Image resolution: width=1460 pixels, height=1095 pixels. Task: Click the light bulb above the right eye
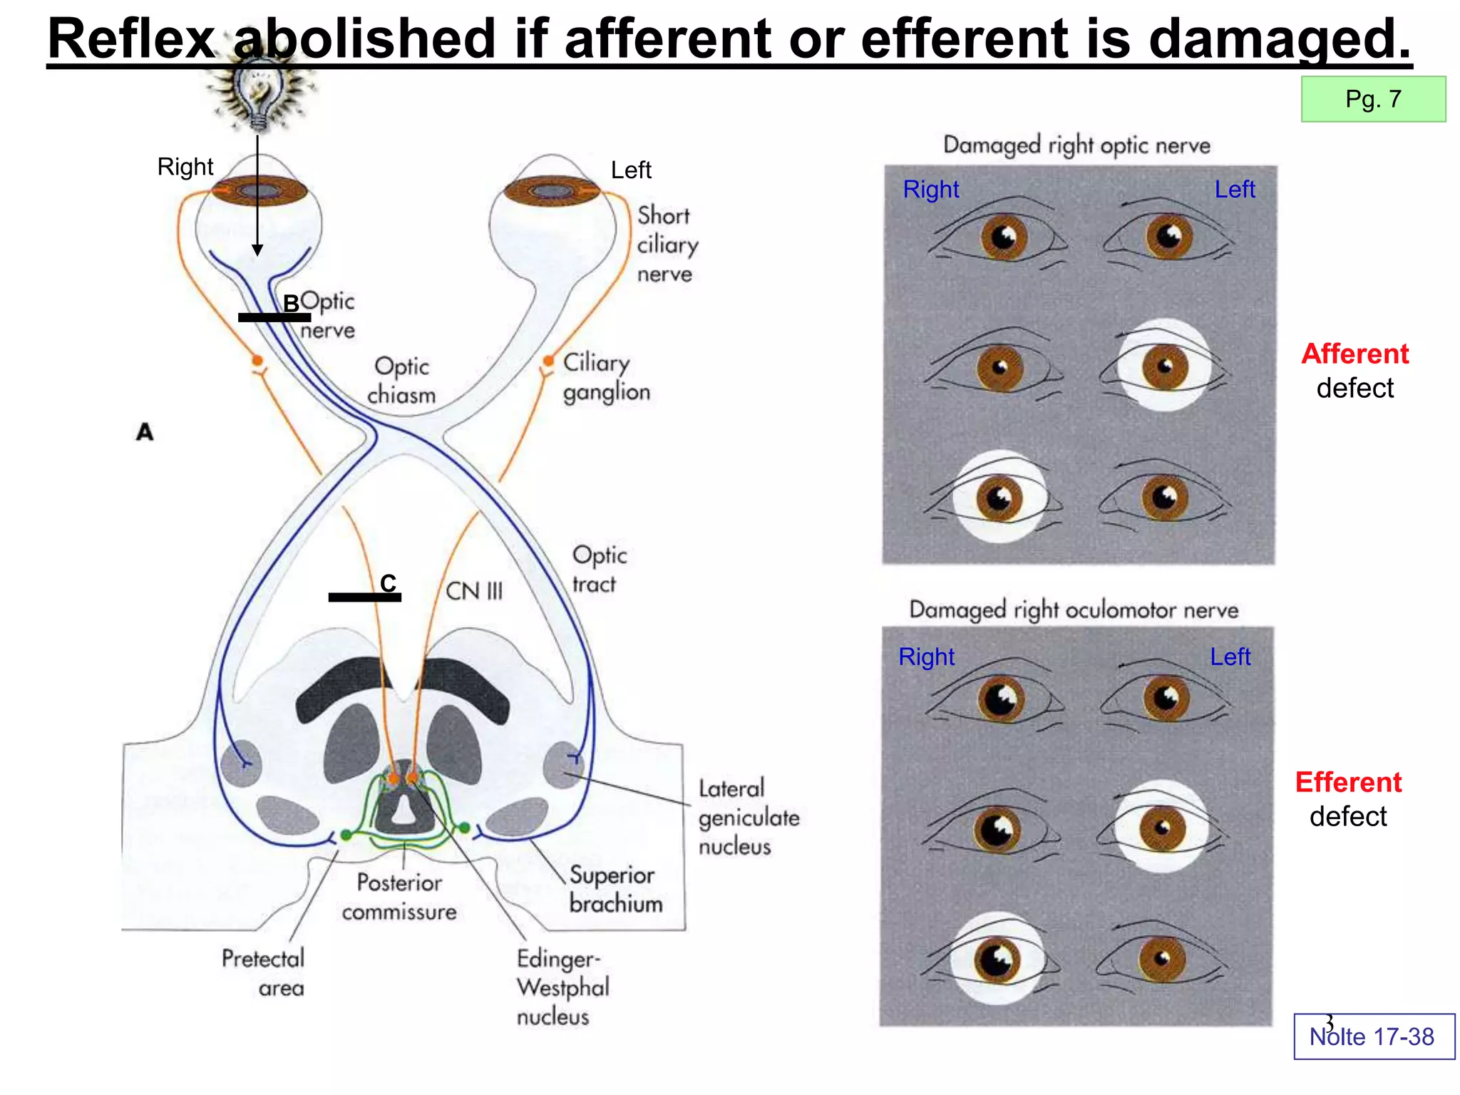(x=258, y=93)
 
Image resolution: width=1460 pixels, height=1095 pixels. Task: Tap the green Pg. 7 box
(x=1373, y=99)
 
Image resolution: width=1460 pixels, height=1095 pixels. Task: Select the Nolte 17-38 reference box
(x=1374, y=1037)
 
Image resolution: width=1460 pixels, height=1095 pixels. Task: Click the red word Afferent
(x=1354, y=354)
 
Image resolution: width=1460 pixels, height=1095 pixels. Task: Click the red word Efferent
(x=1348, y=783)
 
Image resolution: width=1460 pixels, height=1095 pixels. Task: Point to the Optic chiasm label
(x=401, y=381)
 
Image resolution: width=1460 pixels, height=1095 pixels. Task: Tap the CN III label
(x=474, y=591)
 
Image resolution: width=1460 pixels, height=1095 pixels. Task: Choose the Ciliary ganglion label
(x=606, y=377)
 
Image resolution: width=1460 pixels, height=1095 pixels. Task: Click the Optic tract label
(x=599, y=570)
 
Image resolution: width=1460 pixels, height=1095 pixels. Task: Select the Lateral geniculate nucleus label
(x=749, y=817)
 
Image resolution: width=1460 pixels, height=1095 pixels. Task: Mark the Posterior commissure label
(x=399, y=897)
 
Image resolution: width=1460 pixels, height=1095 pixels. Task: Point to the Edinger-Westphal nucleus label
(x=562, y=987)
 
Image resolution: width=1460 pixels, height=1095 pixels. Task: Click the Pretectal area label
(x=263, y=972)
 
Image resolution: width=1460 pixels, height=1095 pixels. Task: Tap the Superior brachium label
(x=615, y=890)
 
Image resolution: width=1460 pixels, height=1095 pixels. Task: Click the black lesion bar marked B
(x=274, y=317)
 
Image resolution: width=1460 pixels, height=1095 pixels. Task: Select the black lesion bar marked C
(x=364, y=597)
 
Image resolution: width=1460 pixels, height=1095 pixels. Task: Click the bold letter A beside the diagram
(x=145, y=432)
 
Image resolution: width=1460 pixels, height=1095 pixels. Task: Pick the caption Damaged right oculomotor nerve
(x=1074, y=610)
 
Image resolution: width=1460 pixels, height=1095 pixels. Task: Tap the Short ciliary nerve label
(x=667, y=245)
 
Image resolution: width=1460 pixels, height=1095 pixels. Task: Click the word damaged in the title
(x=1280, y=38)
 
